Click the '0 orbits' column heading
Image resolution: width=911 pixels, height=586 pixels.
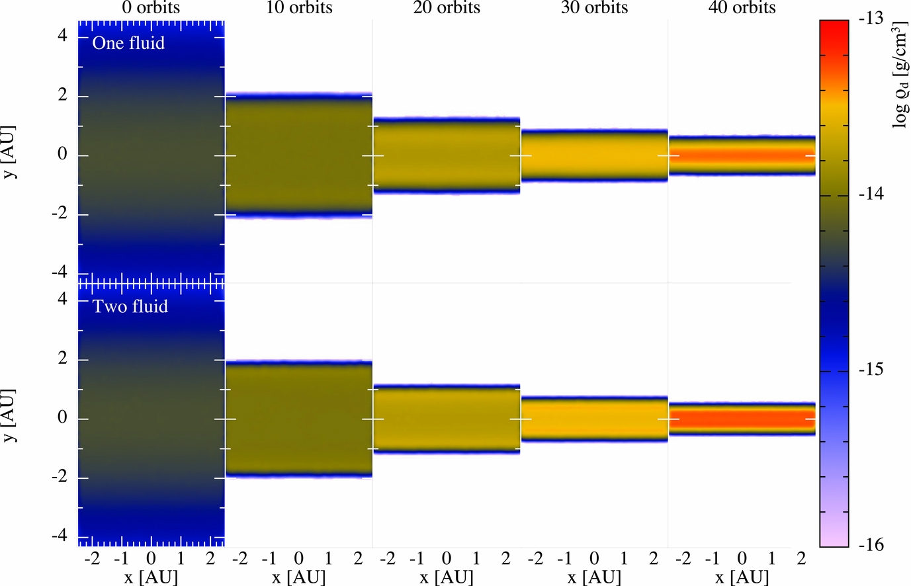click(151, 8)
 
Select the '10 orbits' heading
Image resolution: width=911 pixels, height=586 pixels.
click(299, 8)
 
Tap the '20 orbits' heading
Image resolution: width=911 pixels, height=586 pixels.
click(447, 8)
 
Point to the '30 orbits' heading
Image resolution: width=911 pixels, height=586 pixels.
click(594, 8)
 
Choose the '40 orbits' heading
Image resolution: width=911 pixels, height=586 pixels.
click(742, 8)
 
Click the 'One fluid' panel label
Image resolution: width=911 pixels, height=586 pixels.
click(128, 43)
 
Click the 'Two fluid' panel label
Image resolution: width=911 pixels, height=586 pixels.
click(130, 306)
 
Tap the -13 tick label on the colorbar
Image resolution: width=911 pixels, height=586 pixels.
click(871, 19)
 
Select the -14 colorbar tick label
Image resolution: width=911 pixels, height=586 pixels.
click(871, 194)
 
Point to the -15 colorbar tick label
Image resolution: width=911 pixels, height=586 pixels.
click(871, 370)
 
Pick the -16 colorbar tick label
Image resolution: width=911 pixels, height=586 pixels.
click(871, 545)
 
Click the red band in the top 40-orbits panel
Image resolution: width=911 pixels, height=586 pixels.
click(742, 156)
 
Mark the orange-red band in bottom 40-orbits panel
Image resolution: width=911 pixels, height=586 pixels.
click(742, 419)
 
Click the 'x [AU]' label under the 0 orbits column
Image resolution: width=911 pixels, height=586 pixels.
click(151, 577)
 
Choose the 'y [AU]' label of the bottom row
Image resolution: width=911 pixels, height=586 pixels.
click(9, 416)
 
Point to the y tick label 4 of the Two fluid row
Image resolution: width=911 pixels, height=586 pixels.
click(62, 299)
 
